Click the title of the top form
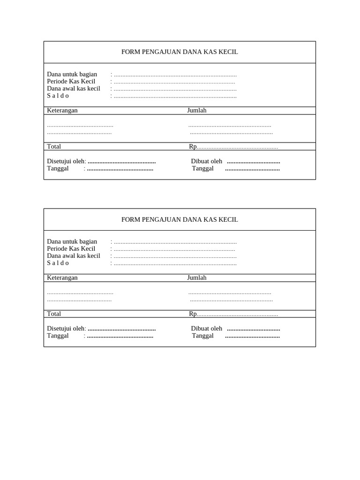click(x=180, y=52)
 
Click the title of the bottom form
click(x=180, y=219)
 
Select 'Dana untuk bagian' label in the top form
click(x=72, y=74)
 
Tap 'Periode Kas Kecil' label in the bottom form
click(x=71, y=248)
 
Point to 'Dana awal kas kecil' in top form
click(x=74, y=88)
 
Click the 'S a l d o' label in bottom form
click(x=58, y=263)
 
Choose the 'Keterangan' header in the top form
click(x=62, y=110)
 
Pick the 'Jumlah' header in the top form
click(x=197, y=110)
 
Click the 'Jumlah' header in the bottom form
click(x=197, y=277)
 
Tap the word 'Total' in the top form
click(x=54, y=146)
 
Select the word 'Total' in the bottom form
click(x=54, y=314)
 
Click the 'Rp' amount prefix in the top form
click(x=193, y=146)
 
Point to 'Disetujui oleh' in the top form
click(x=66, y=161)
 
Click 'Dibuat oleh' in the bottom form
click(x=207, y=329)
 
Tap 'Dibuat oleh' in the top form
click(x=207, y=161)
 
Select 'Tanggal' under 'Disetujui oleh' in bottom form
click(x=58, y=336)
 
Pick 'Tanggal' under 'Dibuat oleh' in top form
click(x=203, y=168)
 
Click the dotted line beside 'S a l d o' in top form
click(x=175, y=96)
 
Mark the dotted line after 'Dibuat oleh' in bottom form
click(x=254, y=329)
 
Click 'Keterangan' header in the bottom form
click(x=62, y=277)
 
